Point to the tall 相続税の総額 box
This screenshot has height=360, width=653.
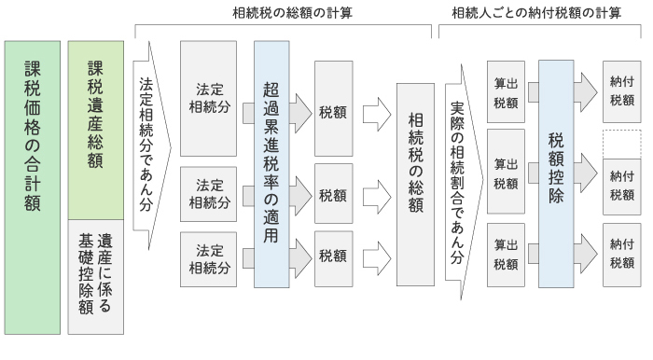(415, 185)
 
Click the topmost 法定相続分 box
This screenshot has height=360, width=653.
(210, 99)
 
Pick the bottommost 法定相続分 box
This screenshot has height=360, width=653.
(210, 258)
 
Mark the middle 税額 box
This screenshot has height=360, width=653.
(335, 195)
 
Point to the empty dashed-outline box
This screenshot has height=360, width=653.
(621, 144)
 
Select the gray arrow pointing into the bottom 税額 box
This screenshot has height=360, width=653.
(299, 249)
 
